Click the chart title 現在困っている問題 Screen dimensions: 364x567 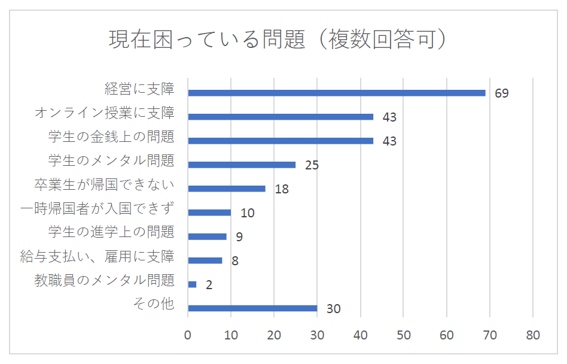[279, 41]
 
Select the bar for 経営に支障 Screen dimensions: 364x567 [337, 93]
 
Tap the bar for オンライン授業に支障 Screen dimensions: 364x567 [281, 117]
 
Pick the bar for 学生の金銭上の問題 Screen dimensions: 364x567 [281, 141]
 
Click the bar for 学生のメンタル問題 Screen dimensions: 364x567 [242, 165]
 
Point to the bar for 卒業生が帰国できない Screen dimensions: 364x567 [227, 189]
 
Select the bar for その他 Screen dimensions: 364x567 [252, 308]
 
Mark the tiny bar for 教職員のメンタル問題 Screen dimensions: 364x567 [192, 284]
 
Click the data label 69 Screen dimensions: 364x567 [501, 93]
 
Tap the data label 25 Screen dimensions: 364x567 [312, 165]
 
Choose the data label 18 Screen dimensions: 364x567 [282, 189]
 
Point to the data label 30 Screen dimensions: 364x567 [333, 309]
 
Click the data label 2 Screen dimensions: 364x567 [209, 285]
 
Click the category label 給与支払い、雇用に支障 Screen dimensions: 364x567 [97, 256]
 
